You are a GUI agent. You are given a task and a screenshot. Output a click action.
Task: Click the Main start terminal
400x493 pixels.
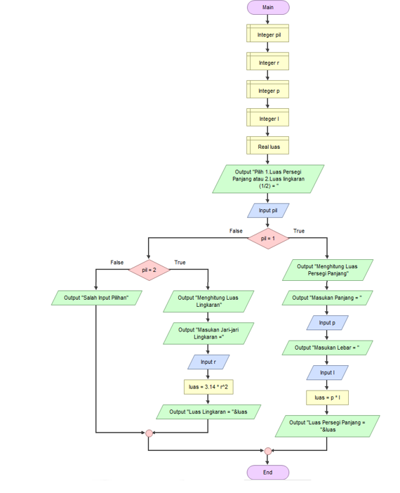tap(267, 7)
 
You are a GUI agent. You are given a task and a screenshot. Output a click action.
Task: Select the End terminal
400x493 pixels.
tap(267, 473)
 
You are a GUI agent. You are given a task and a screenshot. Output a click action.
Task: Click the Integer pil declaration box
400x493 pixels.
tap(267, 34)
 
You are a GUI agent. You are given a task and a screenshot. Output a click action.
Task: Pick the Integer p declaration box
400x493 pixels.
tap(267, 90)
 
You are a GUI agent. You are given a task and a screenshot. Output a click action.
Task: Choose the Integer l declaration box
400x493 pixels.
tap(267, 118)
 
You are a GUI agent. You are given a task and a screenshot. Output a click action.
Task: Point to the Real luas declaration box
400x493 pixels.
tap(267, 146)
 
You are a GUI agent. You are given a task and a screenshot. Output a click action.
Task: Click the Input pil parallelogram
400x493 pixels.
tap(267, 210)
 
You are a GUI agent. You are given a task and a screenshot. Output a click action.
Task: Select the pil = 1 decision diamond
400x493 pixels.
tap(267, 239)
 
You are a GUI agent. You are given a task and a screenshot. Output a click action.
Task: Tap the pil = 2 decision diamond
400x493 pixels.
tap(148, 270)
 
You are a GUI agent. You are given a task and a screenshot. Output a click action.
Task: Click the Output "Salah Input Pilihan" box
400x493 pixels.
tap(96, 298)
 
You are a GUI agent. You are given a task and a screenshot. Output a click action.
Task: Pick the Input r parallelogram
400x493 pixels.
tap(208, 362)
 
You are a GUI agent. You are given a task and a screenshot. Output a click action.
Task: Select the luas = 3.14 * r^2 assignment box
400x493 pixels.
tap(208, 387)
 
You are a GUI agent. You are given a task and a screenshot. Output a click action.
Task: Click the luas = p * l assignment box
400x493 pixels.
tap(327, 397)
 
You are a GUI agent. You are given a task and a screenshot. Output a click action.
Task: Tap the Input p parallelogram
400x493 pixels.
tap(327, 322)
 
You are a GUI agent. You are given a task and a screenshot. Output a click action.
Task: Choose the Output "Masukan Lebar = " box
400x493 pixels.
tap(327, 347)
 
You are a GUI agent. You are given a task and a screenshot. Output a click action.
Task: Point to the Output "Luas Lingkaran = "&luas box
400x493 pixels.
tap(209, 412)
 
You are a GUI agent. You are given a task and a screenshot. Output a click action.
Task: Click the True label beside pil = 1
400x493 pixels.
tap(299, 231)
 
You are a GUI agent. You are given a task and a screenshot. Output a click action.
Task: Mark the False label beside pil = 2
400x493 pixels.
tap(116, 262)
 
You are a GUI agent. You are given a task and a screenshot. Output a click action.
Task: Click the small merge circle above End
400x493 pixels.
tap(267, 451)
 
